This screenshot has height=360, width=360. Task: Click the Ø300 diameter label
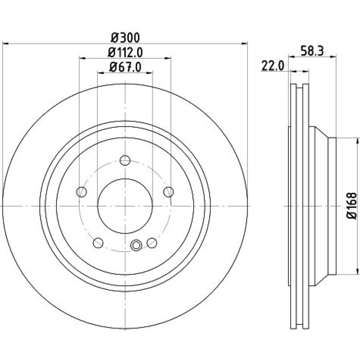[x=125, y=38]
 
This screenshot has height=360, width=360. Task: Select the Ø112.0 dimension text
[x=125, y=53]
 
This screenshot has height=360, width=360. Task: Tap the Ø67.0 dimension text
[x=125, y=67]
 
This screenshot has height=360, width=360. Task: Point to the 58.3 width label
[x=312, y=51]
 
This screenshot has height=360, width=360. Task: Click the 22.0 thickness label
[x=273, y=66]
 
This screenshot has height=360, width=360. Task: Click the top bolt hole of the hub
[x=125, y=160]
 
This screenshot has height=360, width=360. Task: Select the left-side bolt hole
[x=81, y=192]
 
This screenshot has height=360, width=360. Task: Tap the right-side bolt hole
[x=168, y=192]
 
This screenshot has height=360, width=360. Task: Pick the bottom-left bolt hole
[x=98, y=243]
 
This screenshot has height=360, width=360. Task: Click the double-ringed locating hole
[x=136, y=245]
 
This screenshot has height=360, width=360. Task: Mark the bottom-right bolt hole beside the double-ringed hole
[x=152, y=243]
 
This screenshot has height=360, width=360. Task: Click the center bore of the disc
[x=125, y=206]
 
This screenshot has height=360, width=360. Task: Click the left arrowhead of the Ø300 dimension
[x=5, y=43]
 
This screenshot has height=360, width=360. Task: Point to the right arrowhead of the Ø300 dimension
[x=245, y=43]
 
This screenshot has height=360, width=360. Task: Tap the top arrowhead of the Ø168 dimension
[x=357, y=140]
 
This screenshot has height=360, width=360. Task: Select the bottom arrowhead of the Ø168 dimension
[x=357, y=271]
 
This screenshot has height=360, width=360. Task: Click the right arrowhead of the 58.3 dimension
[x=333, y=56]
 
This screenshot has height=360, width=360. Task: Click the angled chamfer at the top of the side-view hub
[x=321, y=132]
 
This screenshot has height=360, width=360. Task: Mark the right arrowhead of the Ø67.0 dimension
[x=150, y=73]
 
